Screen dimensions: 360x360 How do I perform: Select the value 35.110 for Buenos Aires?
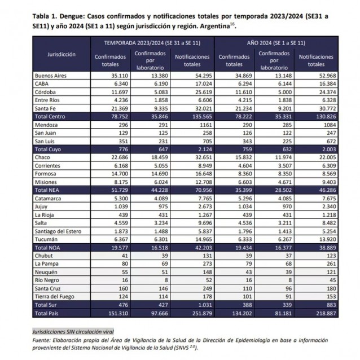[114, 75]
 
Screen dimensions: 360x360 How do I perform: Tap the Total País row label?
[47, 312]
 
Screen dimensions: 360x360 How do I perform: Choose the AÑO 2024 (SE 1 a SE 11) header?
[276, 43]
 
